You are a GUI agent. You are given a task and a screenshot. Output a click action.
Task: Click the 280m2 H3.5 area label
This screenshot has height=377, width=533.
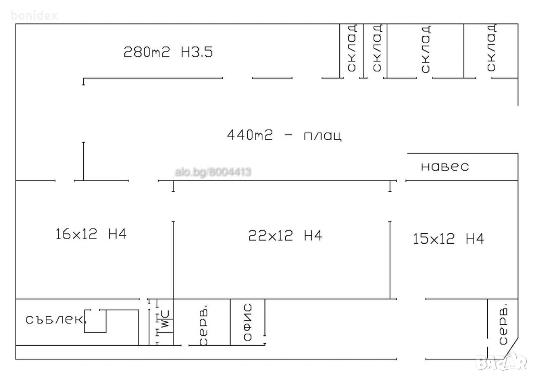[x=168, y=52]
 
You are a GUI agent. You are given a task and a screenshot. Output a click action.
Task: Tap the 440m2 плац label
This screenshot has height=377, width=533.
[x=284, y=135]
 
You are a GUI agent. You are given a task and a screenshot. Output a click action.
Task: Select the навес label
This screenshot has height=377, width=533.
[x=445, y=167]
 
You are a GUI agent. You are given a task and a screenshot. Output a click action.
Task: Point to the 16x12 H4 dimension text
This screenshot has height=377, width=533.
[x=91, y=234]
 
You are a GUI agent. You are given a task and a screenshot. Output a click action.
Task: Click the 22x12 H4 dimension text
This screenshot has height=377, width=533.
[x=285, y=235]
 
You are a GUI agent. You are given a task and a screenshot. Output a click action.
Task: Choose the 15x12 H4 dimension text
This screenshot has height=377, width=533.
[x=448, y=238]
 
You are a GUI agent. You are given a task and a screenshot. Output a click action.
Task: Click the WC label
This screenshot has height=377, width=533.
[x=165, y=319]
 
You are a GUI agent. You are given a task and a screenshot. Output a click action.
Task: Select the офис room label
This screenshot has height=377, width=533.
[x=248, y=322]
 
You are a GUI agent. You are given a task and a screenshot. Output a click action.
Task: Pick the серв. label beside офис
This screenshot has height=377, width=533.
[x=204, y=326]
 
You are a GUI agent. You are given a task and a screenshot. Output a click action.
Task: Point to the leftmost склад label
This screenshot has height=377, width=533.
[x=352, y=48]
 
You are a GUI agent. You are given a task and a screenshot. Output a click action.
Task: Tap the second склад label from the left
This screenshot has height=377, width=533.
[x=377, y=48]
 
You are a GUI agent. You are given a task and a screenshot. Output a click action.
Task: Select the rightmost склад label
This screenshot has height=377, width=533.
[x=491, y=48]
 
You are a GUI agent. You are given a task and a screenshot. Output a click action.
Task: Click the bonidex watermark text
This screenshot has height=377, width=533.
[x=34, y=15]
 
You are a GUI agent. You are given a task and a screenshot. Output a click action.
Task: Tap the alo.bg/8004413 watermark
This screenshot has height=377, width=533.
[x=213, y=172]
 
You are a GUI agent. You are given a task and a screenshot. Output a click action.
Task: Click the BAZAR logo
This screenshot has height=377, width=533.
[x=501, y=362]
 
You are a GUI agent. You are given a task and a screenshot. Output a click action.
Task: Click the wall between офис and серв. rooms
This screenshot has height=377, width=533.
[x=231, y=322]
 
